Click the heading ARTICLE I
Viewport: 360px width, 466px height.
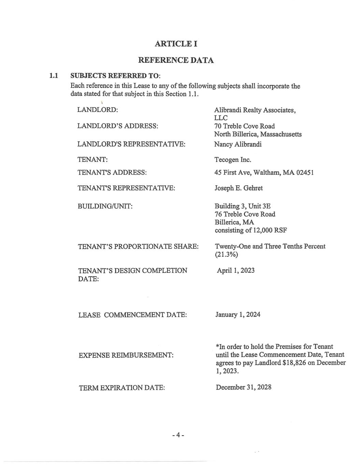click(x=176, y=44)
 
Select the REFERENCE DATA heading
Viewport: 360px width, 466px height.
click(x=176, y=60)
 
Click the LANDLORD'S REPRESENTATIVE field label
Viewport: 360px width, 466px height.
click(x=131, y=144)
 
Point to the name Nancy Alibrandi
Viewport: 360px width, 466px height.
click(x=238, y=144)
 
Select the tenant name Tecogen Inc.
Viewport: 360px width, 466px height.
click(x=233, y=160)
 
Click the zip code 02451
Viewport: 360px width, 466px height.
click(x=305, y=172)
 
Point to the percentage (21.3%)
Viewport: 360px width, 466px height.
click(x=226, y=255)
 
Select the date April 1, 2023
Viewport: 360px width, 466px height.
click(x=236, y=271)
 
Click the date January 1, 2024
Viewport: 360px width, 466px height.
click(x=238, y=314)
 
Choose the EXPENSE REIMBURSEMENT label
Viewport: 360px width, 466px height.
click(x=126, y=355)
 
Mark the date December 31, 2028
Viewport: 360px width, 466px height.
click(x=244, y=387)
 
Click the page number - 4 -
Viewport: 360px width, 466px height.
click(x=178, y=435)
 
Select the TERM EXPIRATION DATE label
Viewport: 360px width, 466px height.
click(x=122, y=388)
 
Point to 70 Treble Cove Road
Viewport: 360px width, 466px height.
click(x=244, y=126)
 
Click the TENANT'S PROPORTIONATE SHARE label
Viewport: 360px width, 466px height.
click(x=138, y=246)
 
